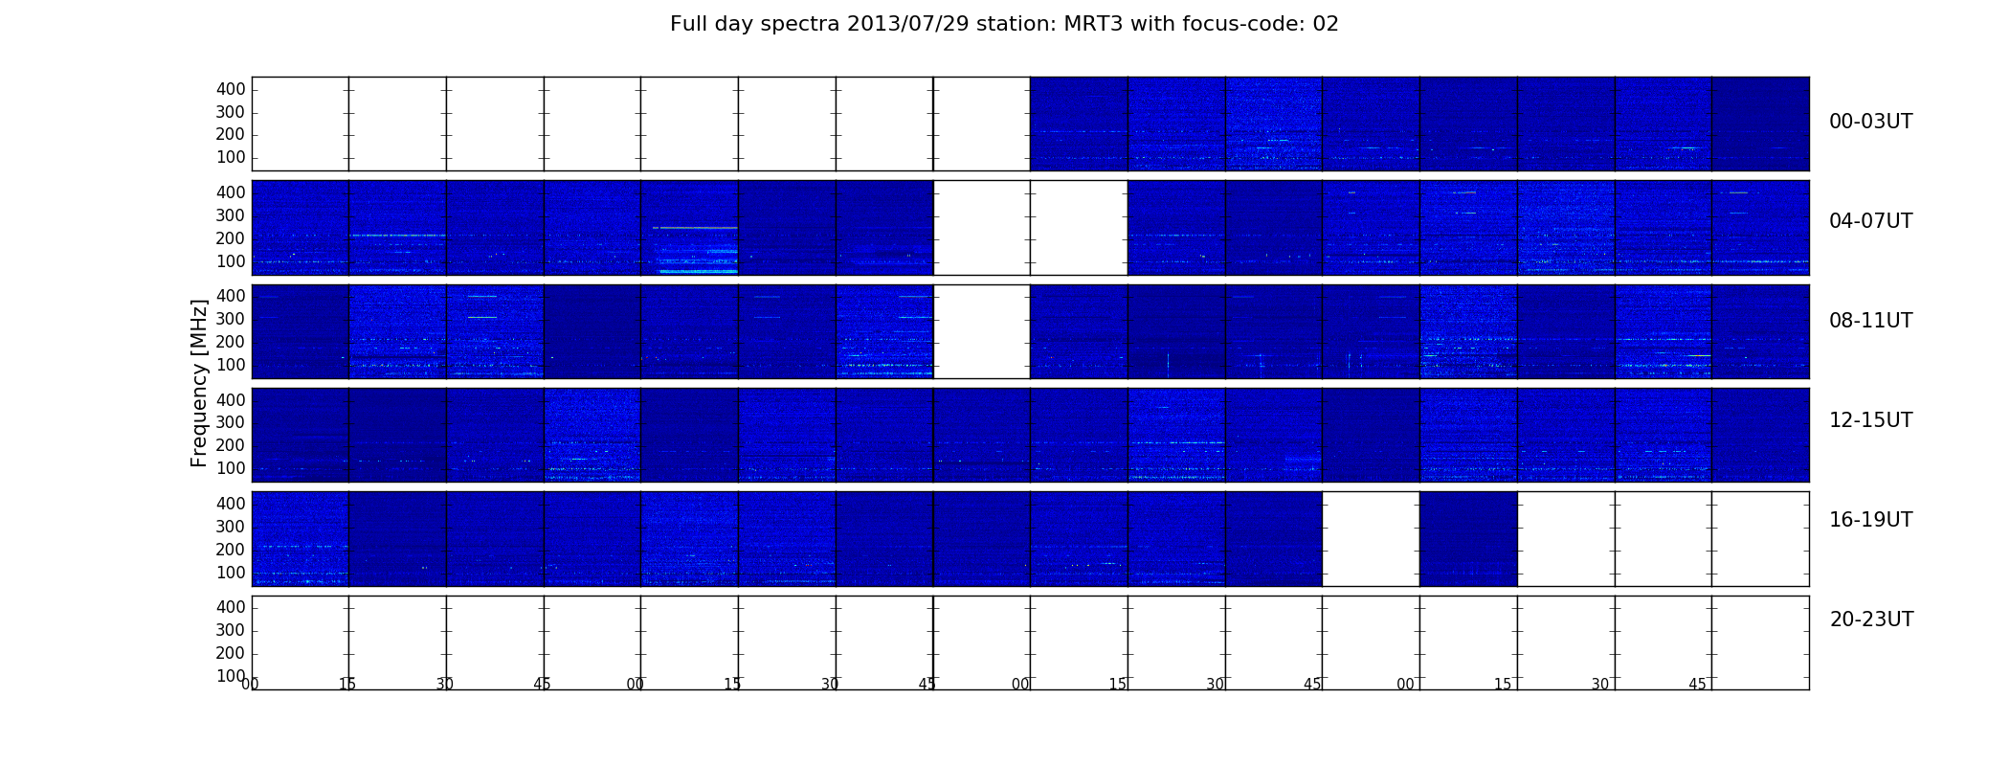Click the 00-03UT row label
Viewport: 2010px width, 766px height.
click(1870, 122)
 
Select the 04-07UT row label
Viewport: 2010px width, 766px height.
click(1870, 221)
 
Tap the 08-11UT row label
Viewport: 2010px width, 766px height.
click(1870, 321)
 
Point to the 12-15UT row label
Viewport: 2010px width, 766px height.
click(1870, 420)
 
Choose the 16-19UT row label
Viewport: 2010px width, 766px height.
click(1870, 520)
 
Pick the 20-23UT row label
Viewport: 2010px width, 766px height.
click(1871, 620)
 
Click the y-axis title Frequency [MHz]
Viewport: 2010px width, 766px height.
click(199, 383)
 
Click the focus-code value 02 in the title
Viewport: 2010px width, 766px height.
click(1326, 24)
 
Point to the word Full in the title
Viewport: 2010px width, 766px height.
click(687, 24)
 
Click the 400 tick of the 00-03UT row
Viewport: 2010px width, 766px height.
click(231, 89)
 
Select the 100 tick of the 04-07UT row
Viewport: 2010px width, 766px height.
click(231, 261)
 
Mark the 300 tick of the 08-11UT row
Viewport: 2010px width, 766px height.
click(231, 319)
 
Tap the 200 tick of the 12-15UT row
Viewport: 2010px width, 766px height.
click(231, 445)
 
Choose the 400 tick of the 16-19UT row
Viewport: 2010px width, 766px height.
click(231, 504)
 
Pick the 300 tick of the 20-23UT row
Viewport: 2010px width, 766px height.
click(231, 630)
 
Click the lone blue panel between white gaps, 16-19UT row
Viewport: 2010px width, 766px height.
click(1468, 539)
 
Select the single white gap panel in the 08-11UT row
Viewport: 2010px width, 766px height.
click(982, 331)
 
